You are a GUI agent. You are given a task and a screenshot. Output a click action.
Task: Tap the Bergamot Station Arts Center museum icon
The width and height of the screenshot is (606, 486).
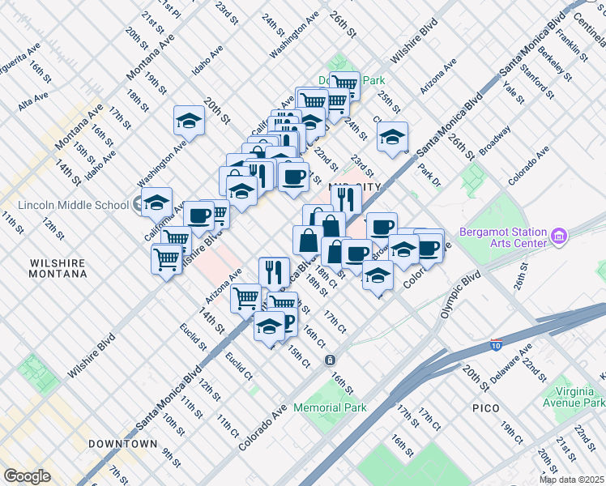[x=558, y=237]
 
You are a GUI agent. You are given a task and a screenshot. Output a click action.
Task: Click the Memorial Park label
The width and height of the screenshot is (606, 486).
[x=330, y=407]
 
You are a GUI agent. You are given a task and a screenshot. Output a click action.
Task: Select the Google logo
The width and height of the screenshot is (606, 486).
[x=27, y=475]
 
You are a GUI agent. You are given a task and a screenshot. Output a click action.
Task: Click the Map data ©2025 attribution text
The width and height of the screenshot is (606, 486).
[x=571, y=480]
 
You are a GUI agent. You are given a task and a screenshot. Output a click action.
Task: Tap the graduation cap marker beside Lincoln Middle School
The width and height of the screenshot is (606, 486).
[x=156, y=202]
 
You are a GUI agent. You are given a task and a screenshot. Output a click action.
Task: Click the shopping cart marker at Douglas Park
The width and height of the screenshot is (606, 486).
[x=345, y=84]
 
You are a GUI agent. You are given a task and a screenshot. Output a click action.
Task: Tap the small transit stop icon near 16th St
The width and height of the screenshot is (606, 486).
[x=330, y=360]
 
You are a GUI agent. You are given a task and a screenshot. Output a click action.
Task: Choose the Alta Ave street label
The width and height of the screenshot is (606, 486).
[x=35, y=100]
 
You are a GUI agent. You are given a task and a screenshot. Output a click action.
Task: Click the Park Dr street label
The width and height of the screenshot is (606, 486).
[x=429, y=173]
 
